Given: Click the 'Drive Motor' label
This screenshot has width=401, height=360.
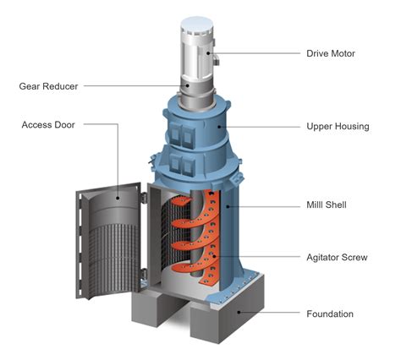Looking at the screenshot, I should (x=331, y=53).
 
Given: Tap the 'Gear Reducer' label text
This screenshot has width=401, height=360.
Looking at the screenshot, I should (x=48, y=85).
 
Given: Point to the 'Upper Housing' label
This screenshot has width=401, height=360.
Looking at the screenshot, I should (x=337, y=126).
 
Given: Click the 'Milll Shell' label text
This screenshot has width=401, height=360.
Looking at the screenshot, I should (x=328, y=205).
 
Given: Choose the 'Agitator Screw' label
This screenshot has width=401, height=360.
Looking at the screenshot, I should (x=337, y=256).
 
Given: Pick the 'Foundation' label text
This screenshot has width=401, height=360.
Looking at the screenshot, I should (x=329, y=314).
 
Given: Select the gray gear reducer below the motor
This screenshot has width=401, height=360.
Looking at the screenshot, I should (x=197, y=90).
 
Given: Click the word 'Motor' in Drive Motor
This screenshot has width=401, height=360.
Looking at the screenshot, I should (x=341, y=53).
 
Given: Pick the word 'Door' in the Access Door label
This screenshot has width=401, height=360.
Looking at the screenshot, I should (x=63, y=124).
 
